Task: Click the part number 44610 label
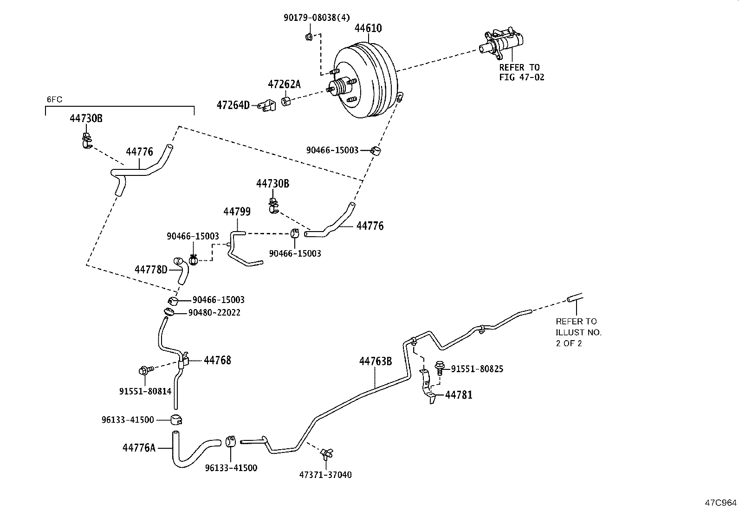coord(368,28)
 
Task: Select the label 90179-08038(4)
coord(317,18)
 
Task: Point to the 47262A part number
coord(284,84)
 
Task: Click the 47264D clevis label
coord(233,105)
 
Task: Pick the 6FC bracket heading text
coord(54,99)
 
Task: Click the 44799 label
coord(237,212)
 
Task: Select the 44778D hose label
coord(150,270)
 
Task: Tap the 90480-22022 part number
coord(214,313)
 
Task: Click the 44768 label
coord(217,360)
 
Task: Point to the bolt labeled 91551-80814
coord(144,370)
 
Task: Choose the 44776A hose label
coord(139,448)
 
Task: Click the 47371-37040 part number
coord(325,475)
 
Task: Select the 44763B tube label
coord(375,361)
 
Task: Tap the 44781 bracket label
coord(459,395)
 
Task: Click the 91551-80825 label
coord(477,369)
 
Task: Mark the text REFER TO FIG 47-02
coord(521,72)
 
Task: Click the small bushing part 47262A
coord(286,101)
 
